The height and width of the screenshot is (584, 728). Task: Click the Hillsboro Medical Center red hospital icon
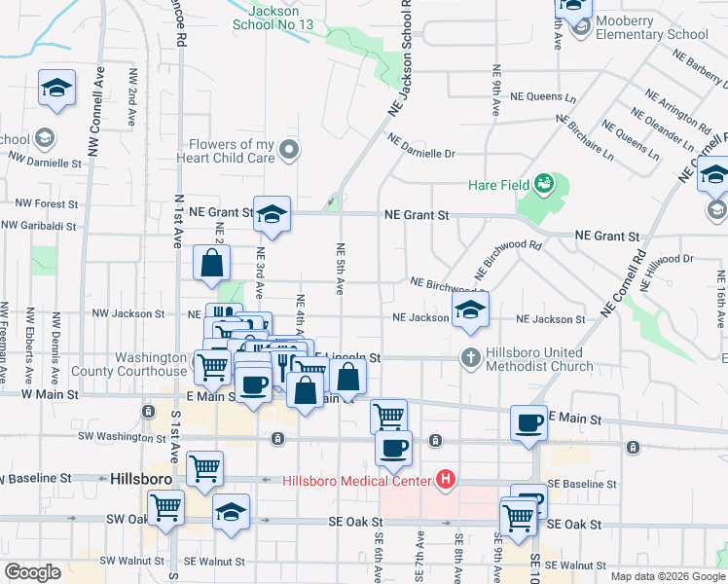point(447,479)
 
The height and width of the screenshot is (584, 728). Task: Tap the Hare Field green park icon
point(545,183)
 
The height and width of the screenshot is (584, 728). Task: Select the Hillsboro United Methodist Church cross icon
point(470,358)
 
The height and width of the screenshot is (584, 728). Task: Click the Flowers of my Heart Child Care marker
point(288,150)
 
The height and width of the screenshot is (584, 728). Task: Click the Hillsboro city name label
point(141,480)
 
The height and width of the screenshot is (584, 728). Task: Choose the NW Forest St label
point(40,203)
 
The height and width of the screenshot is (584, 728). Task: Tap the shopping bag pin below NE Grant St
point(211,263)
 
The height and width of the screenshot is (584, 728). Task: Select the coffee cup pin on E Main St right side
point(529,422)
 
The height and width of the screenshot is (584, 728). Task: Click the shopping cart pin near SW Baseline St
point(204,469)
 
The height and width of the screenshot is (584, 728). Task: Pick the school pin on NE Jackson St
point(470,311)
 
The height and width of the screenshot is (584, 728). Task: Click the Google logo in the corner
point(32,572)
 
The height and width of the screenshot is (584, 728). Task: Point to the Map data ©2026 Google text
point(666,576)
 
